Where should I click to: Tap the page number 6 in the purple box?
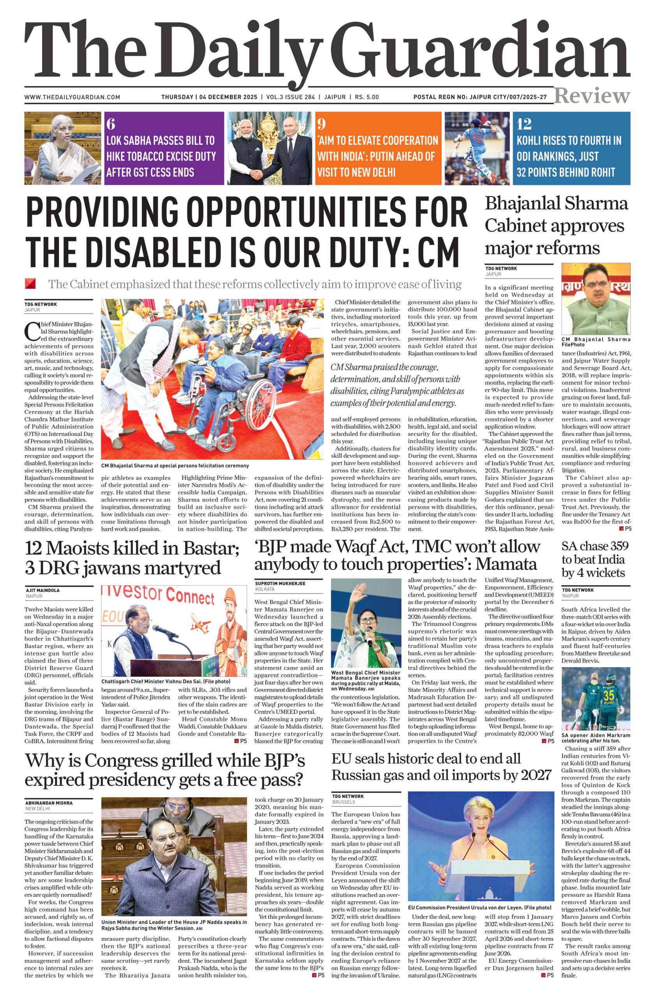pos(111,124)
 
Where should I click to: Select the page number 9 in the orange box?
pos(321,124)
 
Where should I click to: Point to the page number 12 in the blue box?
pos(524,124)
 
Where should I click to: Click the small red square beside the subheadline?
pos(30,284)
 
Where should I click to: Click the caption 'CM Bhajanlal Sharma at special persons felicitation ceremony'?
pos(175,465)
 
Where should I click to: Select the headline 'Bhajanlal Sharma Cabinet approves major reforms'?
pos(556,225)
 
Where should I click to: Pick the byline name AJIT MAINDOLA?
pos(43,590)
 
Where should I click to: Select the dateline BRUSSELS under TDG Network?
pos(344,802)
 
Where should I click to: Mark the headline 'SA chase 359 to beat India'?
pos(595,559)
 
